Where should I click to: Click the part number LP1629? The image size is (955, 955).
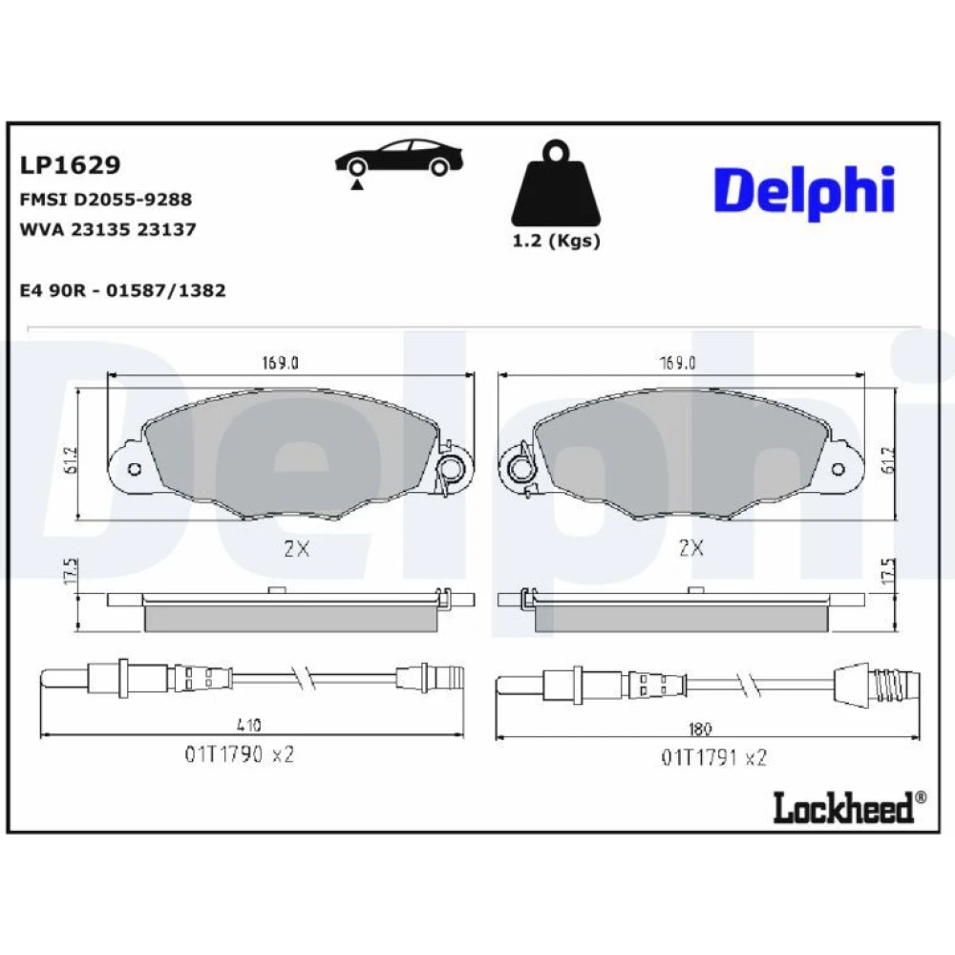70,165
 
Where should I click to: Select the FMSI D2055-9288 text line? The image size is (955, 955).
106,200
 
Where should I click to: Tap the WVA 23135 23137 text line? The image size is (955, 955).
108,229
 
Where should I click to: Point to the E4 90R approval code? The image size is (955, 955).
122,290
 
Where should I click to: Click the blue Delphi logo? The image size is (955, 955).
804,193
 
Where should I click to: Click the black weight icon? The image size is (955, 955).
556,183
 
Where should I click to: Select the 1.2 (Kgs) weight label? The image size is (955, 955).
556,241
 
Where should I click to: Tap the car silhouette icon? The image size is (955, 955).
399,159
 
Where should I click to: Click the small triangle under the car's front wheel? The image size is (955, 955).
357,185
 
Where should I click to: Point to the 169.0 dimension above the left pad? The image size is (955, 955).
280,363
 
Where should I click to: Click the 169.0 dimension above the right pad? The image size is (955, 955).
677,363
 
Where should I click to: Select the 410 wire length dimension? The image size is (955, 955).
248,725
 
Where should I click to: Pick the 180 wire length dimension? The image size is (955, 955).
699,729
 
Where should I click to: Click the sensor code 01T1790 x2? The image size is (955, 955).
240,754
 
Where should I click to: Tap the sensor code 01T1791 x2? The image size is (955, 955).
713,757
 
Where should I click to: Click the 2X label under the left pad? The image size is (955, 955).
297,549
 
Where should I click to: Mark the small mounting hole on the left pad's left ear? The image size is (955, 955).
136,469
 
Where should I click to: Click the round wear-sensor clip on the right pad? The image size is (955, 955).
520,469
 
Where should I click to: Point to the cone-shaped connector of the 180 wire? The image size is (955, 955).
854,684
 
